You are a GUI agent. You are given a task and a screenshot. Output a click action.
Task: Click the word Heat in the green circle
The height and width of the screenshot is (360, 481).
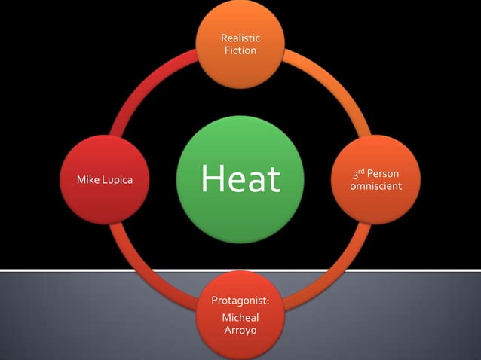(x=240, y=180)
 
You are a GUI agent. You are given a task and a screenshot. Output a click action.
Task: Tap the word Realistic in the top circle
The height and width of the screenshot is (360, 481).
(x=240, y=38)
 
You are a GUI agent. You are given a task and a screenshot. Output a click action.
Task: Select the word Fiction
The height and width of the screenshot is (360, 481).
(x=240, y=50)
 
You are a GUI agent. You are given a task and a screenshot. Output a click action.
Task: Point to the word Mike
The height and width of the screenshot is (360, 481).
(x=89, y=181)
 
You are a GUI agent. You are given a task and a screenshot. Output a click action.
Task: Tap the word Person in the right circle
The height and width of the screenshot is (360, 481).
(x=383, y=175)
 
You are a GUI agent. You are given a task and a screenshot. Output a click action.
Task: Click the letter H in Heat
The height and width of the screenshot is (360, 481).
(x=213, y=180)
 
